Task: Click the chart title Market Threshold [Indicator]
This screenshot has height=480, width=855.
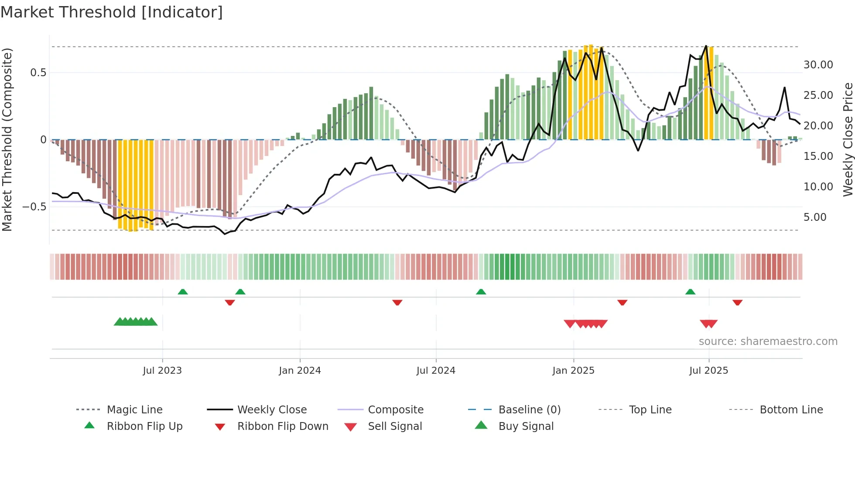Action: click(x=112, y=12)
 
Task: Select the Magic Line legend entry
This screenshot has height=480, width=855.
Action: click(x=134, y=409)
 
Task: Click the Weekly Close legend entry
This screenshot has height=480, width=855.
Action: click(x=272, y=409)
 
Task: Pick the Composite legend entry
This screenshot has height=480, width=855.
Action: click(x=395, y=409)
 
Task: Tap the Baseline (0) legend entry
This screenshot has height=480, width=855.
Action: click(x=529, y=409)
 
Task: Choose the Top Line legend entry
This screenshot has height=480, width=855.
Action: click(x=650, y=409)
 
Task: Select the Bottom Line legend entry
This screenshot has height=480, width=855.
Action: click(x=791, y=409)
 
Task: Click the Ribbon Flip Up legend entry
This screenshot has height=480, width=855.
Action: click(x=144, y=426)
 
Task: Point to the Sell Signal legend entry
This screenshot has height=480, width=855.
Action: click(x=395, y=426)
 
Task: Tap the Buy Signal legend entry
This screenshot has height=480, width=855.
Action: click(x=526, y=426)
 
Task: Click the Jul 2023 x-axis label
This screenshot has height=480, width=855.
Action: click(x=162, y=370)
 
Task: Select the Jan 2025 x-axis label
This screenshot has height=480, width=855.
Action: click(x=573, y=370)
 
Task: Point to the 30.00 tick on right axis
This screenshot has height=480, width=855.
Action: click(x=818, y=65)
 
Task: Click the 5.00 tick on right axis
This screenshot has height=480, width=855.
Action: click(x=815, y=217)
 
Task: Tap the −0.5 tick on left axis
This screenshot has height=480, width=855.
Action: click(x=34, y=206)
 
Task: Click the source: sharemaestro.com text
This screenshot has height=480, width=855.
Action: click(x=768, y=341)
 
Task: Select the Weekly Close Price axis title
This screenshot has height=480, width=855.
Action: click(x=848, y=139)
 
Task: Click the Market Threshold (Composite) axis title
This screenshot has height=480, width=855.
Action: click(x=7, y=139)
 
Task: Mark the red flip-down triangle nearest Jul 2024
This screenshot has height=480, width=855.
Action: click(x=397, y=302)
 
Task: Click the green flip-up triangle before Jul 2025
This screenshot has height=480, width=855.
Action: click(x=690, y=292)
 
